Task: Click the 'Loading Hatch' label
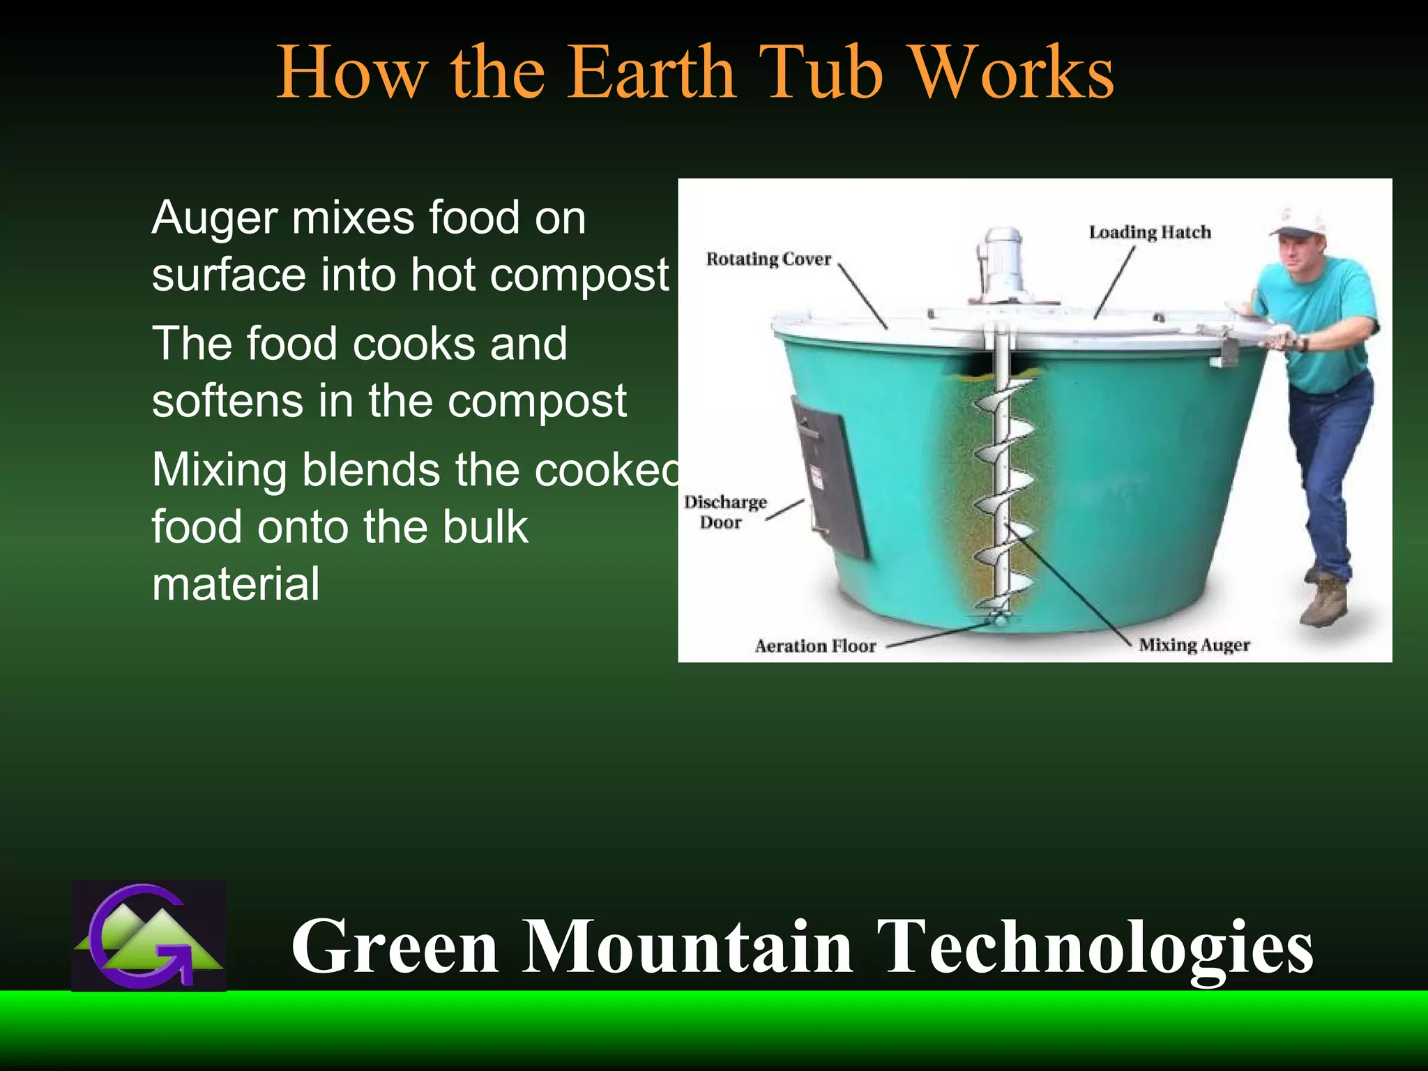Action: (x=1150, y=232)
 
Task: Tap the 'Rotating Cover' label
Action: (x=768, y=259)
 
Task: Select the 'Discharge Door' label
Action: (x=724, y=512)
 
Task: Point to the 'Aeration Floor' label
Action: (x=814, y=646)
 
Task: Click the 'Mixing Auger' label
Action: (x=1194, y=645)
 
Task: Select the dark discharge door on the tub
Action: (x=830, y=478)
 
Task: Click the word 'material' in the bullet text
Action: (x=236, y=584)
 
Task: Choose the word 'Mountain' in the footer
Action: (x=688, y=946)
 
